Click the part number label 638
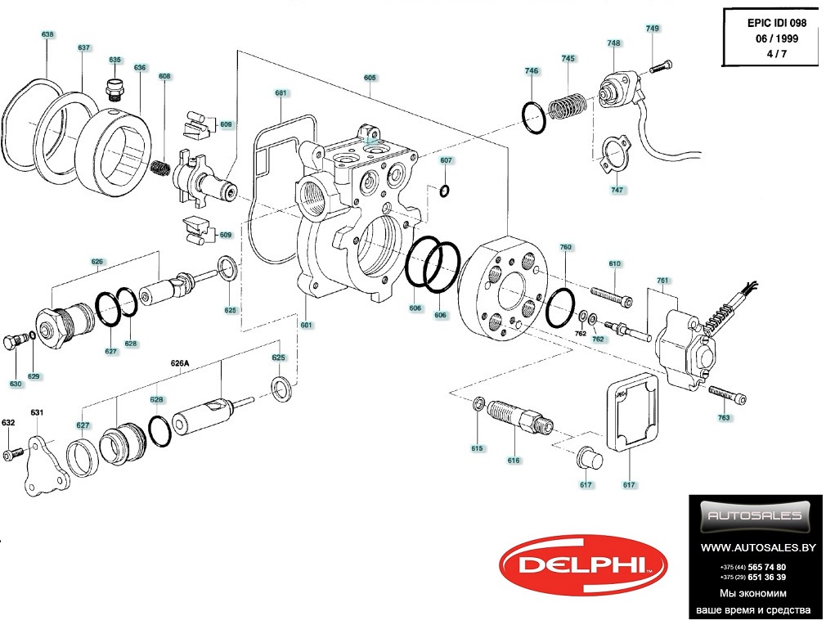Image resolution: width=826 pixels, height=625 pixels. (47, 34)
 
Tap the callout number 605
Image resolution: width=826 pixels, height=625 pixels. (370, 78)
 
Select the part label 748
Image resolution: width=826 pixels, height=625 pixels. (613, 43)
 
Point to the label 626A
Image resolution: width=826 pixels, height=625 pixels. (179, 362)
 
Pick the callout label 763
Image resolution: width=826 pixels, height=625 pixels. (724, 418)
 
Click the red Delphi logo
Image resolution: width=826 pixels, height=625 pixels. (583, 564)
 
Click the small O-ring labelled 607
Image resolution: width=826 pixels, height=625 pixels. (444, 191)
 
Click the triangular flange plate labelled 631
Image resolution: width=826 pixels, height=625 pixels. (38, 465)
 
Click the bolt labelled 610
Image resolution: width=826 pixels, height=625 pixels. (610, 295)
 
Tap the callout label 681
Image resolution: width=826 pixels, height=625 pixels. (281, 93)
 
